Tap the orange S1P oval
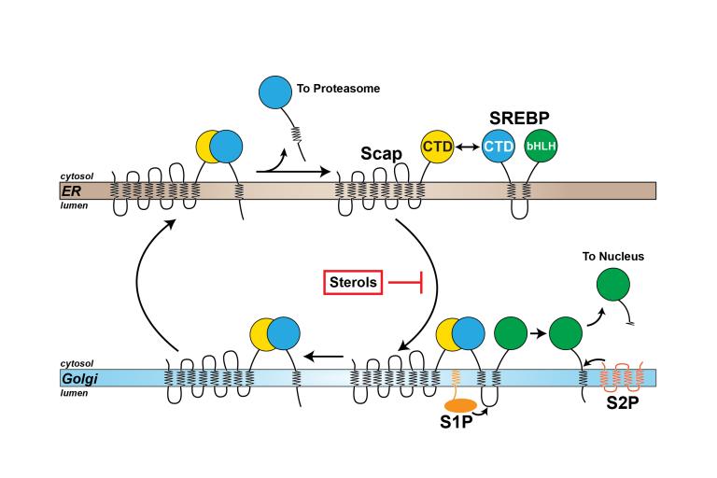[x=460, y=406]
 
